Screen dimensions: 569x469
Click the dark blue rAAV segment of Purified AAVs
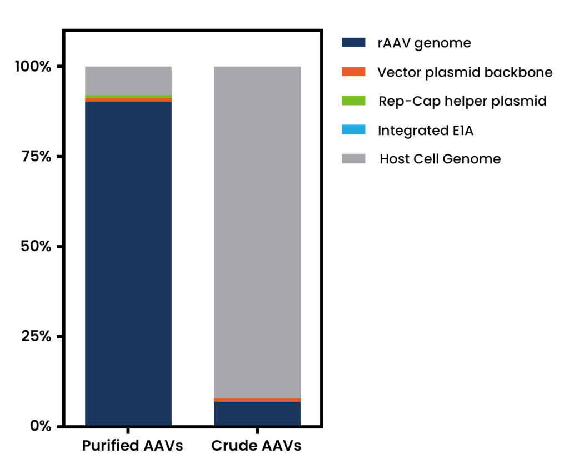(128, 263)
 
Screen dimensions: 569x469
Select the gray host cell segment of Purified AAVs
(128, 81)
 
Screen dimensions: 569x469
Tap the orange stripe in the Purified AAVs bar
(128, 100)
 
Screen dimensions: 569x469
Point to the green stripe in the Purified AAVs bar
(128, 97)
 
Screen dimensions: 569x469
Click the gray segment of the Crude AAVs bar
(257, 232)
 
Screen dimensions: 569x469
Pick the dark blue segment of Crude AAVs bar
(257, 413)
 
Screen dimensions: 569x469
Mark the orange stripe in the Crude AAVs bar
(257, 400)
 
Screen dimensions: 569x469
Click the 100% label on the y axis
(33, 67)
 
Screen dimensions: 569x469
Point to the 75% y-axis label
(36, 157)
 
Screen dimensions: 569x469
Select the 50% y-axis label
(36, 247)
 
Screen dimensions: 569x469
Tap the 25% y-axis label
(36, 336)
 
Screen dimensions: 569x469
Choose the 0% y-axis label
(41, 426)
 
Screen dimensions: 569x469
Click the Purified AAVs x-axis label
(132, 446)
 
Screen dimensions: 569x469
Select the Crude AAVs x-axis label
(256, 446)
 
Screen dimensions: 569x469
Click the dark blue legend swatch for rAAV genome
(353, 42)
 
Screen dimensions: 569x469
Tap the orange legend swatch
(353, 72)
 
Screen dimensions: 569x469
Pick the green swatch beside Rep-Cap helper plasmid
(353, 101)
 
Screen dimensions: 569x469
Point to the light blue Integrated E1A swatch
(353, 129)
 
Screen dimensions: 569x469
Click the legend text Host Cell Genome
(440, 159)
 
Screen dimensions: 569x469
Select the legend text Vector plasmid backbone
(465, 72)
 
